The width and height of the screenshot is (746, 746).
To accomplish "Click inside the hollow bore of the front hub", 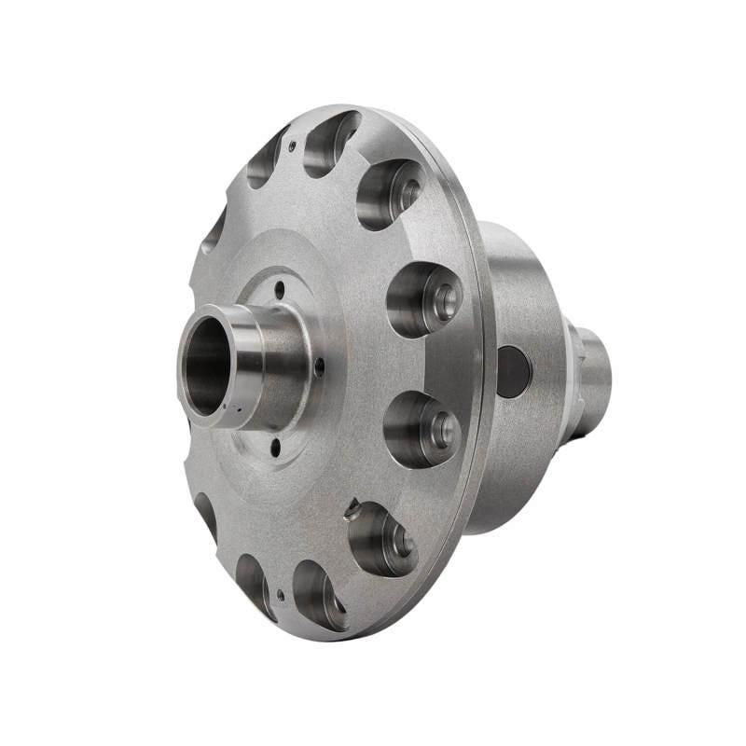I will (x=207, y=366).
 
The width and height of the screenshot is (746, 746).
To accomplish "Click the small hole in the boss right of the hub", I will (x=320, y=367).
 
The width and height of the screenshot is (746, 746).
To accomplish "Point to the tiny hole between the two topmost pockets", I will (x=292, y=145).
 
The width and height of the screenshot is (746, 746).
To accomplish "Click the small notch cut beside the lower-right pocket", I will (x=352, y=509).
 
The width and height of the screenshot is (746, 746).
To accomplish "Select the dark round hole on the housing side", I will (x=513, y=370).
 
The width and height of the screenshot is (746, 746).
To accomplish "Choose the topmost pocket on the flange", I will (x=331, y=142).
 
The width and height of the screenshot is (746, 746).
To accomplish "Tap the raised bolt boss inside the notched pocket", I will (x=401, y=541).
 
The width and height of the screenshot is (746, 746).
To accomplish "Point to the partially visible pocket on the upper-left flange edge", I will (x=214, y=228).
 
